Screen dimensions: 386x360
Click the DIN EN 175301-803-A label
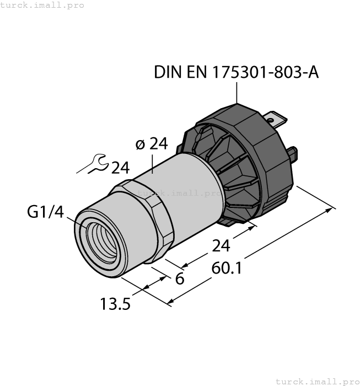pos(236,72)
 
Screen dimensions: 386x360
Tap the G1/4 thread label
pos(46,212)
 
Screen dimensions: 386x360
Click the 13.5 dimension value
pos(115,303)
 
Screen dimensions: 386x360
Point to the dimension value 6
pos(179,279)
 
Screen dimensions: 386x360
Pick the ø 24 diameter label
pos(151,144)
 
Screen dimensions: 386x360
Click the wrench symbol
pos(92,165)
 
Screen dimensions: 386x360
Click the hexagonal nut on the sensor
pos(147,221)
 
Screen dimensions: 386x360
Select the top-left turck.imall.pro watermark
pos(42,5)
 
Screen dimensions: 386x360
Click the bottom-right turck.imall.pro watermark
pos(317,381)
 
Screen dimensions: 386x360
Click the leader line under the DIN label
pos(237,93)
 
